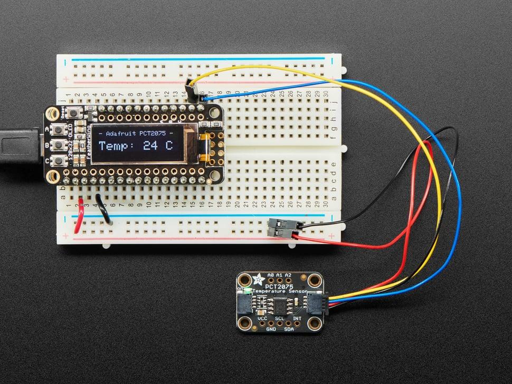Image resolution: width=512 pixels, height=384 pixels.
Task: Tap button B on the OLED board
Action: pos(69,144)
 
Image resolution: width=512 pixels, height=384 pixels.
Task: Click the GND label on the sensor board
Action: pos(271,329)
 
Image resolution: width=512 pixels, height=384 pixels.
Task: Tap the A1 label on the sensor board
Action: pos(279,275)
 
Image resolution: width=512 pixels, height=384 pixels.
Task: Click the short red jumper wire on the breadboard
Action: pos(78,218)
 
